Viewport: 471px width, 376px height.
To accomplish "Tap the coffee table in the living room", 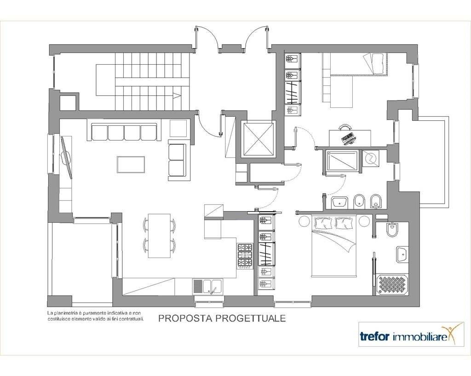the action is (x=131, y=164).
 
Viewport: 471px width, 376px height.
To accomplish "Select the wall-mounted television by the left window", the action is (x=66, y=157).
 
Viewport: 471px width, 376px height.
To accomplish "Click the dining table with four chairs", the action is (x=160, y=236).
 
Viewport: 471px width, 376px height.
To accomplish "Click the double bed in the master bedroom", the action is (x=333, y=246).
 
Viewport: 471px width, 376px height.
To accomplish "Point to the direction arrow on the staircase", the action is (x=177, y=95).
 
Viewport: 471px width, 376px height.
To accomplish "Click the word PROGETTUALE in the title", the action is (x=250, y=318).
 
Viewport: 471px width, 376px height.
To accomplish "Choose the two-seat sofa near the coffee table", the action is (x=177, y=160).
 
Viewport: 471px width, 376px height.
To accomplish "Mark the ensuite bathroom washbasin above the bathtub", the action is (x=402, y=254).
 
